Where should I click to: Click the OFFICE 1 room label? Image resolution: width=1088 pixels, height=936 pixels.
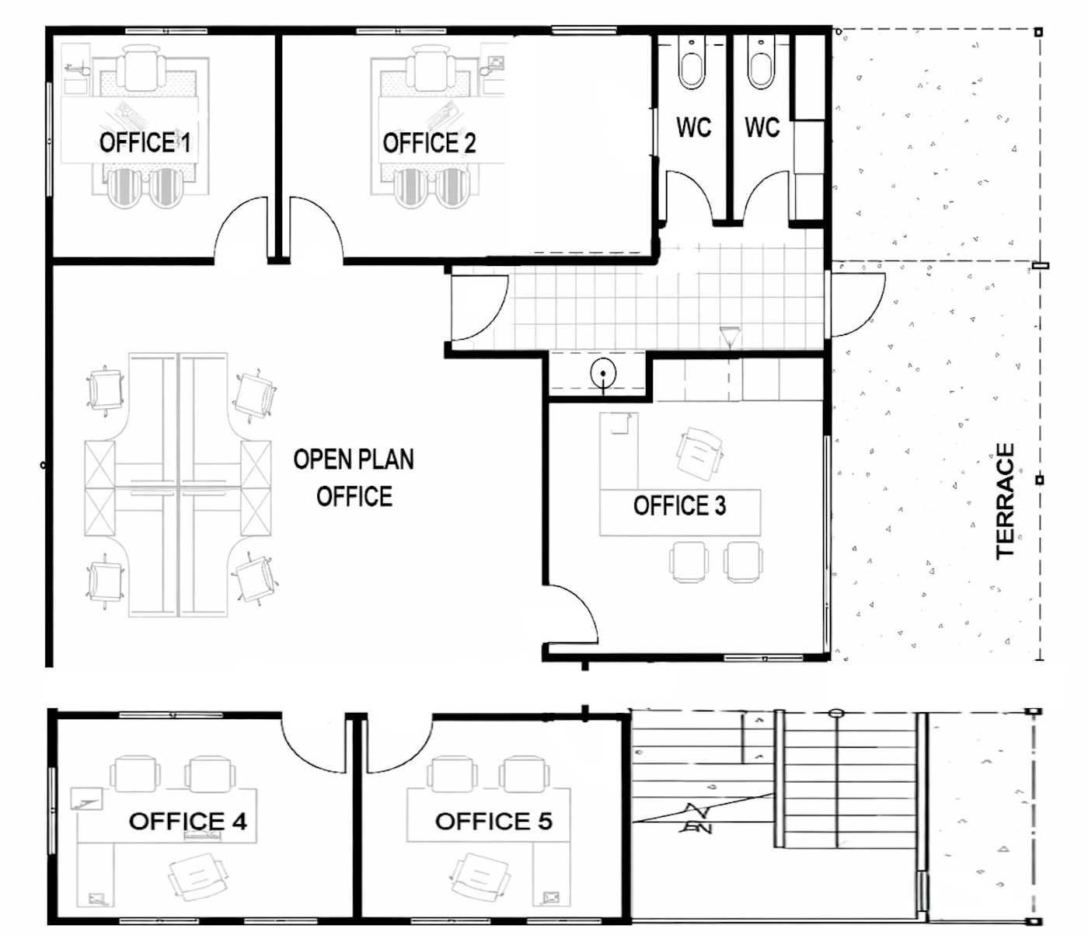tap(145, 143)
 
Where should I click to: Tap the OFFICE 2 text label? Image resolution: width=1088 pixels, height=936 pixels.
tap(429, 143)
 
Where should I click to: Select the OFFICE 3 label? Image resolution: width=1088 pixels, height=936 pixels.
tap(679, 505)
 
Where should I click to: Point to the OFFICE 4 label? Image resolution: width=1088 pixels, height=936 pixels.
tap(188, 821)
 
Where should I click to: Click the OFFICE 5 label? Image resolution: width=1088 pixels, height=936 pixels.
tap(493, 821)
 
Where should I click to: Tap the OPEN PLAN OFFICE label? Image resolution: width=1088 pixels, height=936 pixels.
tap(354, 478)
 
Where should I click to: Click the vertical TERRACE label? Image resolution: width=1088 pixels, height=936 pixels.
tap(1006, 501)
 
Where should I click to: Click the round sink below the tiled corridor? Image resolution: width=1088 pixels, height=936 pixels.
tap(603, 373)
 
